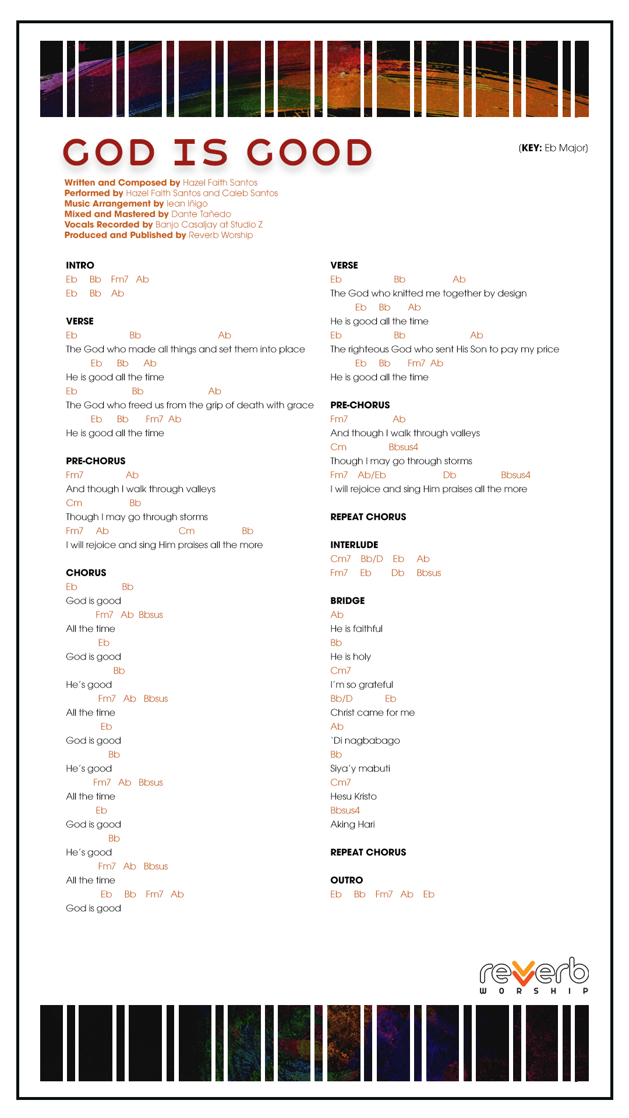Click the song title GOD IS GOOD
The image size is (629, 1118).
pyautogui.click(x=217, y=153)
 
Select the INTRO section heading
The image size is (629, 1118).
pyautogui.click(x=80, y=266)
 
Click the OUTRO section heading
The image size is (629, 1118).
pyautogui.click(x=347, y=880)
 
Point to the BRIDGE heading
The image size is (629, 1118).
pyautogui.click(x=347, y=601)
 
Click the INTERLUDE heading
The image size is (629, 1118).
pyautogui.click(x=354, y=545)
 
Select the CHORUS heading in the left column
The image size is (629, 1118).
pyautogui.click(x=86, y=573)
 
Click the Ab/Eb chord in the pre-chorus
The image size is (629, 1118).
pyautogui.click(x=372, y=475)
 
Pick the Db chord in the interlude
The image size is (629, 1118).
pyautogui.click(x=398, y=573)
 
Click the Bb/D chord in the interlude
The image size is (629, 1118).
pyautogui.click(x=372, y=559)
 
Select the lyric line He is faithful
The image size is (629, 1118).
pyautogui.click(x=356, y=629)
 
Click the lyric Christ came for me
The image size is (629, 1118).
pyautogui.click(x=373, y=713)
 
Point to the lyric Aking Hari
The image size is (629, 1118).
pyautogui.click(x=352, y=825)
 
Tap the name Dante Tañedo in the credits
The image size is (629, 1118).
pyautogui.click(x=201, y=214)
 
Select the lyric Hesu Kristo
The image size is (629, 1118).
pyautogui.click(x=354, y=797)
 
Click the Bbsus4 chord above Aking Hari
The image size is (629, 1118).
pyautogui.click(x=345, y=811)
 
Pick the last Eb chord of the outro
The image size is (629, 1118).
pyautogui.click(x=429, y=894)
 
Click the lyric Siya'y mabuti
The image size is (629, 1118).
pyautogui.click(x=360, y=769)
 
